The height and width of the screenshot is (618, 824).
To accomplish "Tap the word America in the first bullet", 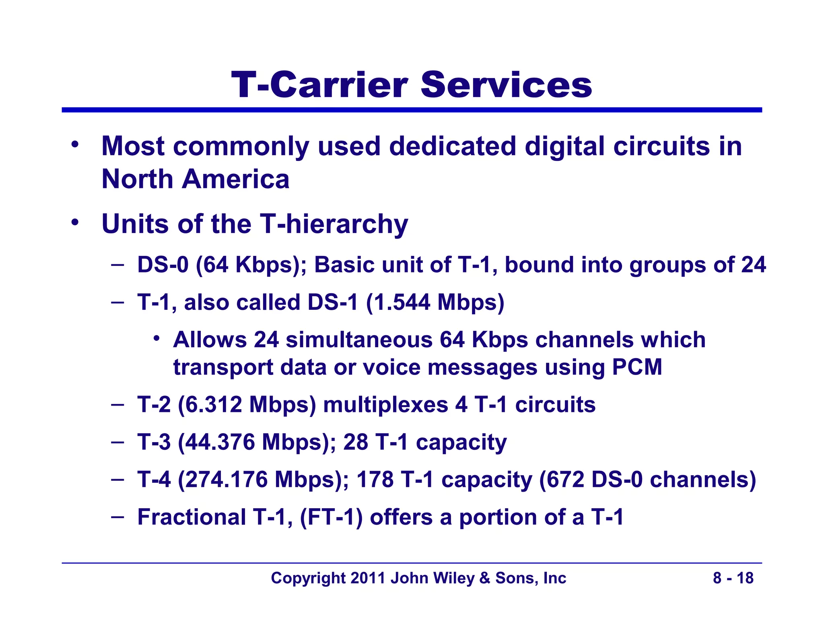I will click(235, 179).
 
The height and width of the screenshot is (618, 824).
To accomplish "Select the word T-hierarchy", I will click(334, 224).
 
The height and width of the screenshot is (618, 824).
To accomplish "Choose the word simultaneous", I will click(359, 340).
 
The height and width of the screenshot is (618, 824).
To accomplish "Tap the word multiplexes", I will click(385, 404).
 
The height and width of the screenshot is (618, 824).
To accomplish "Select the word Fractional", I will click(192, 517).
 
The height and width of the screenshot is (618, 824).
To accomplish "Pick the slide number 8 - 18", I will click(733, 578).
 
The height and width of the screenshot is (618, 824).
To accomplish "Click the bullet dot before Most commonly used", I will click(74, 144).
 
